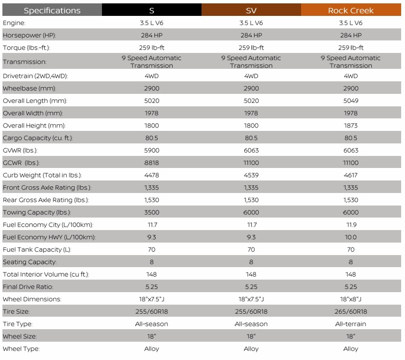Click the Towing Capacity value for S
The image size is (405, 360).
click(x=152, y=212)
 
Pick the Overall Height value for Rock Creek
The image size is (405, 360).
click(x=351, y=126)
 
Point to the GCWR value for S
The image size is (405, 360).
click(x=152, y=163)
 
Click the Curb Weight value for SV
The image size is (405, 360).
click(x=251, y=175)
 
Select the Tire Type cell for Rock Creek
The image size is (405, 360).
click(x=351, y=324)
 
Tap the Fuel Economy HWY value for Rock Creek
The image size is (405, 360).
click(x=351, y=237)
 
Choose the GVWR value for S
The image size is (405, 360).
click(x=152, y=150)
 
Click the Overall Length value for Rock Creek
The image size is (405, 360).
click(x=351, y=101)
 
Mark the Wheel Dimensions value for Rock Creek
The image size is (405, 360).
click(x=351, y=299)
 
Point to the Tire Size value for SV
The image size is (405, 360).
click(x=251, y=311)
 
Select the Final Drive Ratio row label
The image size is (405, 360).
click(x=28, y=287)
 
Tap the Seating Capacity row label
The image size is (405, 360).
click(x=30, y=262)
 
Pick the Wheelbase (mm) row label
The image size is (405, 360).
click(x=29, y=89)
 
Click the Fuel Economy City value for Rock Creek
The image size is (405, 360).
click(x=351, y=225)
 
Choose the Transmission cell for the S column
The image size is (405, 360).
click(x=152, y=62)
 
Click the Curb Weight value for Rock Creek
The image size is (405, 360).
click(x=351, y=175)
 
